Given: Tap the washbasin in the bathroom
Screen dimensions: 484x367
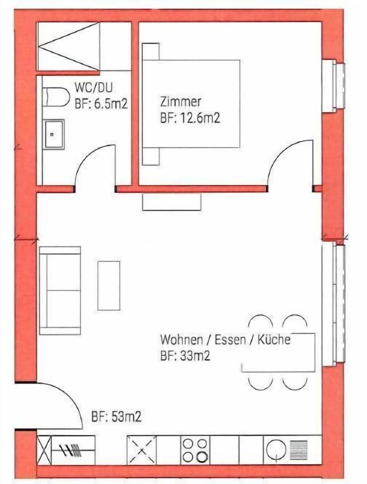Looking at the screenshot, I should tap(54, 134).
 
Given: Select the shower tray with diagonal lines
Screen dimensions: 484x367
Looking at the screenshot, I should tap(68, 46).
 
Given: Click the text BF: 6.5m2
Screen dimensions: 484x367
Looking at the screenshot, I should tap(101, 104).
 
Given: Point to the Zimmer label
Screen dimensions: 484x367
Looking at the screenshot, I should tap(180, 102).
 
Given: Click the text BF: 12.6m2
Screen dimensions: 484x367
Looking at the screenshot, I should tap(190, 118).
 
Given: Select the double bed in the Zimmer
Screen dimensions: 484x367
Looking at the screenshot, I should tap(191, 104).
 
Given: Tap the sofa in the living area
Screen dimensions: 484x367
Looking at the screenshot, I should tap(60, 291).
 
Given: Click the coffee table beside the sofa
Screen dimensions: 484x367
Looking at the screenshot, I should tap(109, 285).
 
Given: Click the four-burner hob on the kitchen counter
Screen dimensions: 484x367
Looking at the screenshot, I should tap(195, 450).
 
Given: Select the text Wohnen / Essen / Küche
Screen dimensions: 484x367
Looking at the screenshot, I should tap(225, 339).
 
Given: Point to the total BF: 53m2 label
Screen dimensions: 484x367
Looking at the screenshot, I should tap(116, 416).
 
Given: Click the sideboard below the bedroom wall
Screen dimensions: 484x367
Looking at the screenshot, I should tap(172, 202).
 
